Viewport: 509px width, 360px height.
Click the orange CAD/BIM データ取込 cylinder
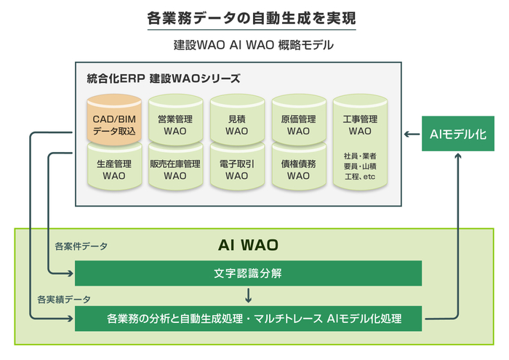[114, 124]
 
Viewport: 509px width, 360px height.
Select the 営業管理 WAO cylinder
[175, 124]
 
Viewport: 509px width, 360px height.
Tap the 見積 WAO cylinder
[236, 124]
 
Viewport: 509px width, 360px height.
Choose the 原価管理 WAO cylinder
[298, 124]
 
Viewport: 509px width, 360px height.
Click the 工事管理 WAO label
[359, 124]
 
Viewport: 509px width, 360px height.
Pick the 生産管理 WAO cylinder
[114, 169]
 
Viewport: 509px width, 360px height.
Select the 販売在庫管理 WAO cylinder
[175, 169]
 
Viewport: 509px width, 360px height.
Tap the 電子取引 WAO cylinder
[236, 169]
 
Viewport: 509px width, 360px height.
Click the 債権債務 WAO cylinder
[298, 169]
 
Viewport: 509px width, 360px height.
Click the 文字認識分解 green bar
[248, 273]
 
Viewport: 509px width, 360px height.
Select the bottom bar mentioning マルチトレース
[248, 318]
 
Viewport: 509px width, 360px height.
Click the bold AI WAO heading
[249, 244]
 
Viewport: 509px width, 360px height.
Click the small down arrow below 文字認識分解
[249, 295]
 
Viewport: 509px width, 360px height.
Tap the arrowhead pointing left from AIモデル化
[408, 134]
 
